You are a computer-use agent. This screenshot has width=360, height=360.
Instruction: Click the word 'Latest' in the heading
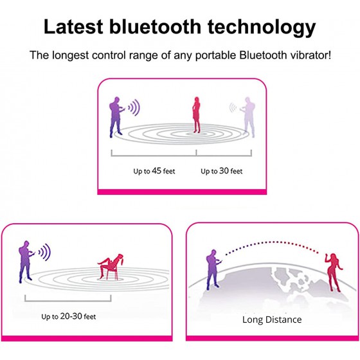coord(73,26)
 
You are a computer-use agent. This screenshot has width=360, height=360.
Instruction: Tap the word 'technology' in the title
coord(262,28)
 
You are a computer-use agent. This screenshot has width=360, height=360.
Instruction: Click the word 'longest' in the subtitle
coord(70,56)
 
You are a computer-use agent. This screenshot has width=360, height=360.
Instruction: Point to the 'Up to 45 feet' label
coord(154,171)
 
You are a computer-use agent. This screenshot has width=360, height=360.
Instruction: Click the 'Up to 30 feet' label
coord(222,171)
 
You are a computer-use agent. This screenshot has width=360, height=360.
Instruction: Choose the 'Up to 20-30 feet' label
coord(68,316)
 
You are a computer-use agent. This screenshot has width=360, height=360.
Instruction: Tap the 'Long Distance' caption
coord(272,319)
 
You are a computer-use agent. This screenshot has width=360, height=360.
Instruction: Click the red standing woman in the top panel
coord(196,114)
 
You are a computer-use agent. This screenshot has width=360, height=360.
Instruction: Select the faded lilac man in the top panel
coord(248,117)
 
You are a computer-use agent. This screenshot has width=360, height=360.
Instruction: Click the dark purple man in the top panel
coord(116,117)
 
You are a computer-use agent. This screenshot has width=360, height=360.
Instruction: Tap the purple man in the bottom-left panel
coord(26,262)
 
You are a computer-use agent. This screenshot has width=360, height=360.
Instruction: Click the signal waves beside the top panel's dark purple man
coord(134,107)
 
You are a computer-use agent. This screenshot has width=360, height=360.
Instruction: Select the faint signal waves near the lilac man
coord(233,107)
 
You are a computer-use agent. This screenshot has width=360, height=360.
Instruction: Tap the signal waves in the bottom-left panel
coord(45,252)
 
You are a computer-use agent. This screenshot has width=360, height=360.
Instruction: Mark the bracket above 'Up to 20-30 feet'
coord(68,301)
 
